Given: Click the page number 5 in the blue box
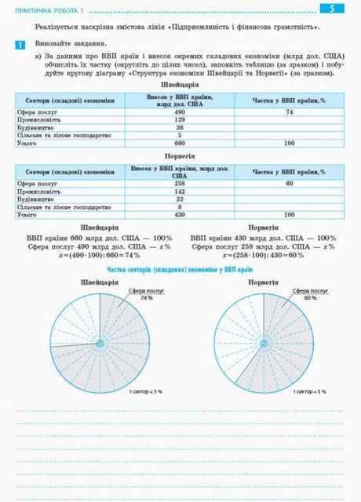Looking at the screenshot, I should pos(332,9).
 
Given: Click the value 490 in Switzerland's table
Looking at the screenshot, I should pos(180,112).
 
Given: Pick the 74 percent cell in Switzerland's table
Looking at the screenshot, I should pos(289,112).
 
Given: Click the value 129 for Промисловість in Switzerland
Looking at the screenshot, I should pos(180,120).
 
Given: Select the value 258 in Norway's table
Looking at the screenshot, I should pos(180,183).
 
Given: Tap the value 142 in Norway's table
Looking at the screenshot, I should pos(180,191).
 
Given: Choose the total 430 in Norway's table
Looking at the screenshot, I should pos(180,214).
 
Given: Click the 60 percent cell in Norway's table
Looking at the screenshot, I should pos(289,183).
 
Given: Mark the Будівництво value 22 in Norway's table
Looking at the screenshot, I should pos(180,198).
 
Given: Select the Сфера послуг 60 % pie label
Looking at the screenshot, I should pos(310,294).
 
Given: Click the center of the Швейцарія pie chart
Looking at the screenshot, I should pos(100,344).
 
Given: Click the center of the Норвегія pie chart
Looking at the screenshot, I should pos(264,344).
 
